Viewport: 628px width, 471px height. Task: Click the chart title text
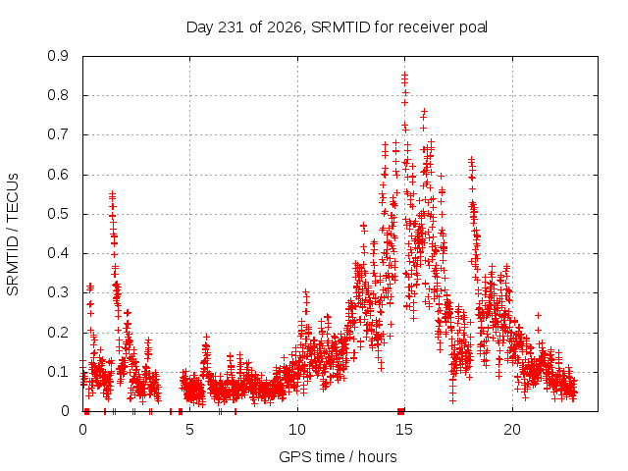(337, 27)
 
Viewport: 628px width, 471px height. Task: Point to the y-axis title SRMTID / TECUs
(13, 235)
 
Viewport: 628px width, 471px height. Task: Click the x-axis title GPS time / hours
(338, 456)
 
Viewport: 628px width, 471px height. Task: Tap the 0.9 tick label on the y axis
(58, 56)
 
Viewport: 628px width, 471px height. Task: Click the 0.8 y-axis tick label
(58, 95)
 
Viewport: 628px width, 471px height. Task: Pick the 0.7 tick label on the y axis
(58, 134)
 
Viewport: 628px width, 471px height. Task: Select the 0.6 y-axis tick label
(58, 175)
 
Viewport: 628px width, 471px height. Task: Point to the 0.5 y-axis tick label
(58, 214)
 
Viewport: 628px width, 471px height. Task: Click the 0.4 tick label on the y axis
(58, 253)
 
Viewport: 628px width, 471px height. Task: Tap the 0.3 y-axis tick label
(58, 292)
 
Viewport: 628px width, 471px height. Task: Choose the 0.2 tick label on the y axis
(58, 333)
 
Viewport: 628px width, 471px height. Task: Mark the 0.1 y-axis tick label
(58, 372)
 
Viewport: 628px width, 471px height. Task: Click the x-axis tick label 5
(189, 430)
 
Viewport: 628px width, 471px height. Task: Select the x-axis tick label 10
(297, 430)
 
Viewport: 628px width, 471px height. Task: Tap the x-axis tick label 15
(404, 430)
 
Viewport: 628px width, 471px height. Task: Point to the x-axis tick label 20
(512, 430)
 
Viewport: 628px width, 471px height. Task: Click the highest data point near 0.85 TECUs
(405, 75)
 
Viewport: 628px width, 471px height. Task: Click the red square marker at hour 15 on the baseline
(401, 411)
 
